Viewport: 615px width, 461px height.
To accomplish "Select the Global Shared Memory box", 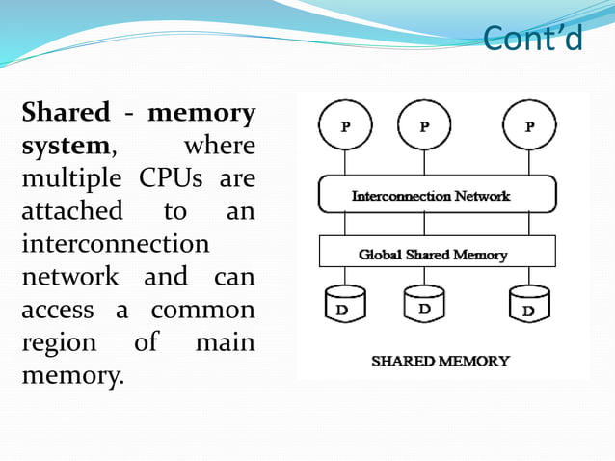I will click(x=437, y=254).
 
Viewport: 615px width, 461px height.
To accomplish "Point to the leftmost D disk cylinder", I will click(x=345, y=305).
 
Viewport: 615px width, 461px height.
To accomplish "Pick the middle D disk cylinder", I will click(x=424, y=305).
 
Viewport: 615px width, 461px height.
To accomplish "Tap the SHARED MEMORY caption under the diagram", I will click(x=441, y=361).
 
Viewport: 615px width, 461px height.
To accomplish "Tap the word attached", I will click(x=72, y=211).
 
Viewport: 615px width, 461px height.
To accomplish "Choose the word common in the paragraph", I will click(x=203, y=311).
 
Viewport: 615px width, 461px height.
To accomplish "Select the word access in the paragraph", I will click(x=58, y=311).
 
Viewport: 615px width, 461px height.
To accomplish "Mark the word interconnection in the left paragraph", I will click(x=115, y=244).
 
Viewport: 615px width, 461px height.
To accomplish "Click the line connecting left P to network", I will click(x=345, y=163).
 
